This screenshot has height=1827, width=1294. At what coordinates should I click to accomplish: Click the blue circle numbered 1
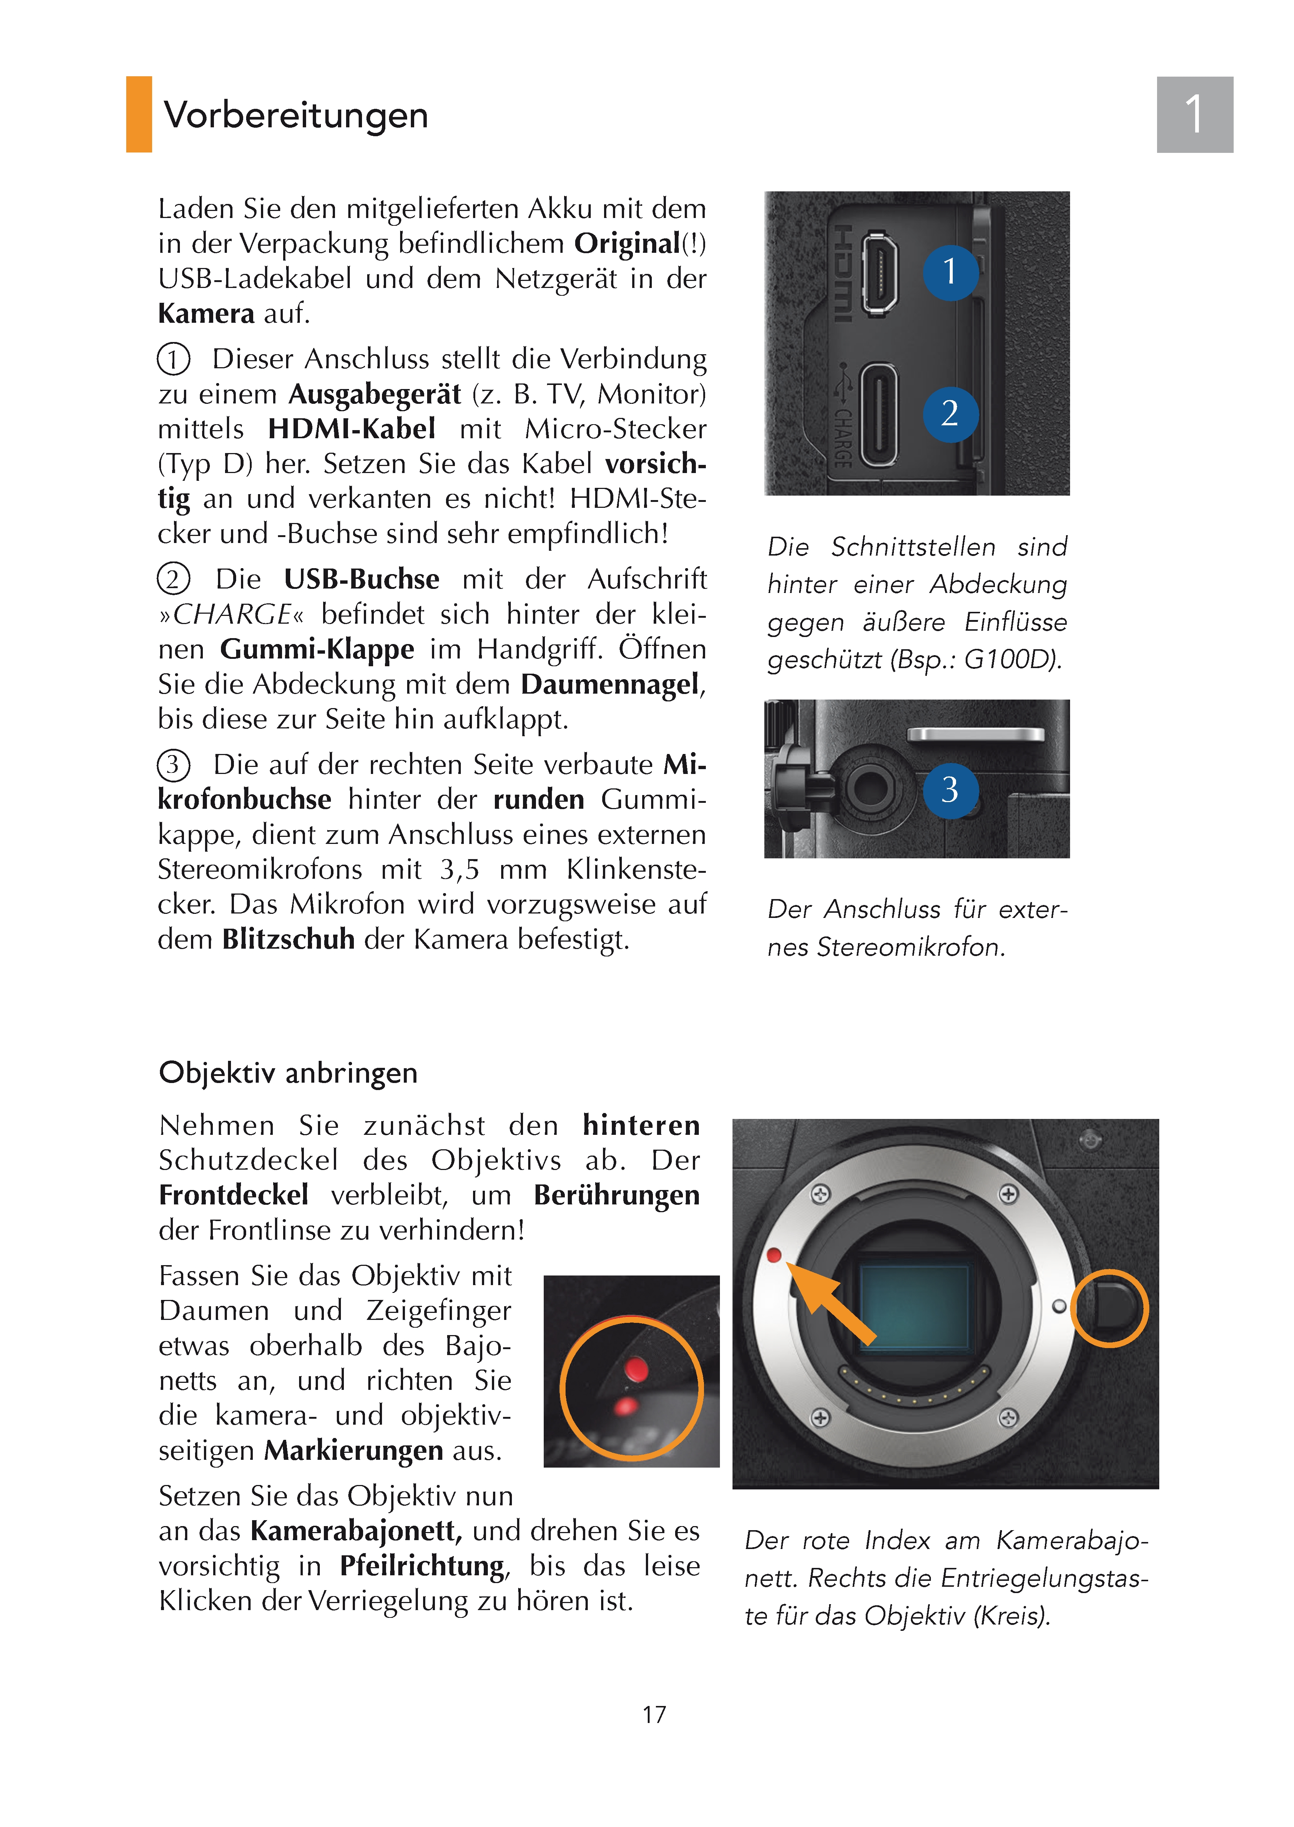pyautogui.click(x=950, y=272)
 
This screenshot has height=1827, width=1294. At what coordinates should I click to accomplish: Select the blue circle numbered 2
pyautogui.click(x=950, y=413)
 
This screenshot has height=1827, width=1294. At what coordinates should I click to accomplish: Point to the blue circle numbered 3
pyautogui.click(x=950, y=790)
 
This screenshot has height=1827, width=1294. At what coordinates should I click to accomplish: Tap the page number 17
pyautogui.click(x=654, y=1714)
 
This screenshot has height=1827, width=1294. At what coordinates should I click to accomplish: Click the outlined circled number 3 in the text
pyautogui.click(x=173, y=765)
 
